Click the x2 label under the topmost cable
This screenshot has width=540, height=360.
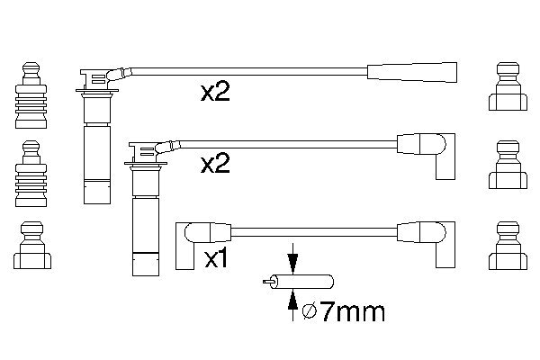[x=214, y=93]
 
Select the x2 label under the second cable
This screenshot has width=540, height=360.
[x=214, y=164]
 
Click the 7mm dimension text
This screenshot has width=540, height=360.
[x=352, y=312]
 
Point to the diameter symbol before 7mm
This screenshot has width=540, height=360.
[x=309, y=312]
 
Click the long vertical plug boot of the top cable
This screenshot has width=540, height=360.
[x=94, y=144]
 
